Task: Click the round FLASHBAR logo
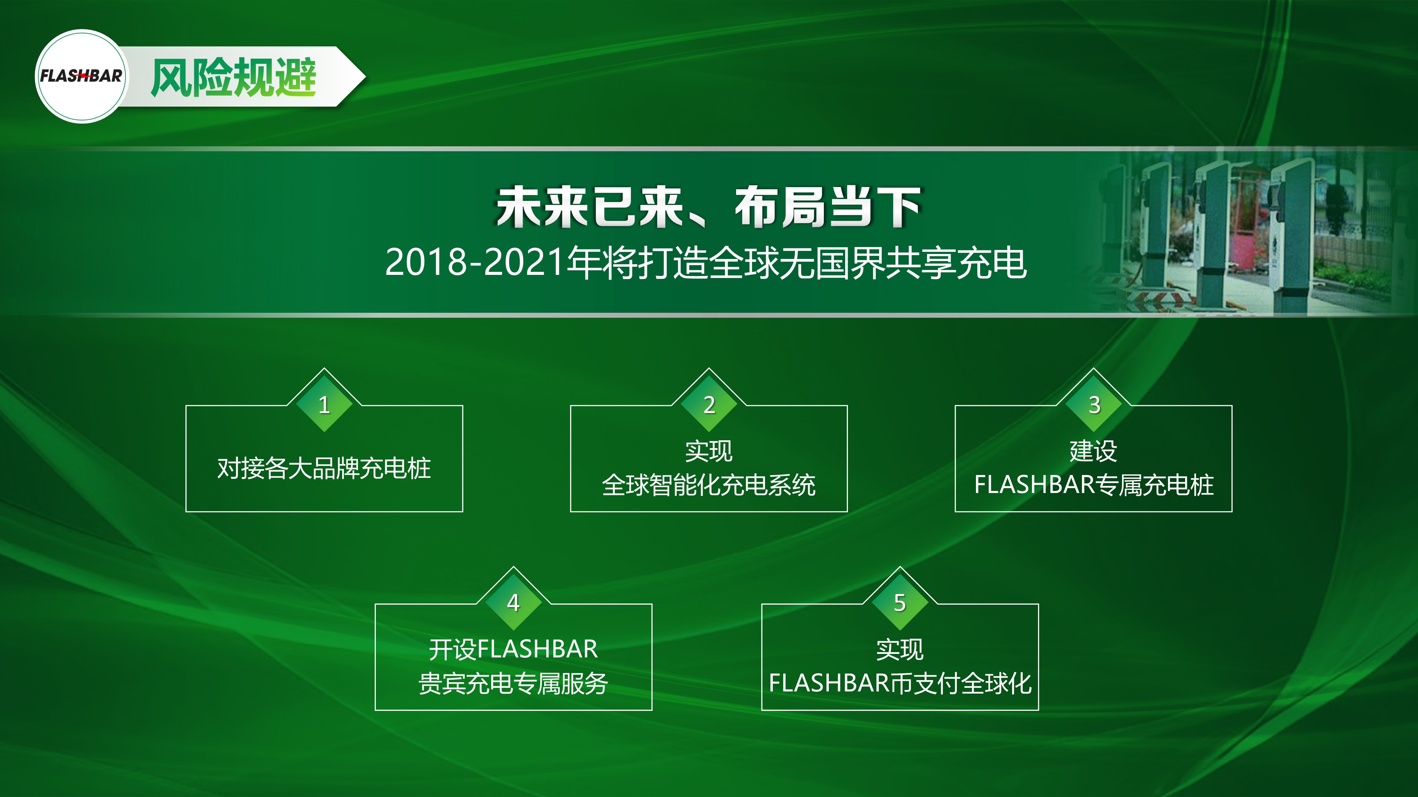pyautogui.click(x=82, y=76)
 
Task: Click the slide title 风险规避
pyautogui.click(x=233, y=78)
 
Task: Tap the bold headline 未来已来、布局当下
pyautogui.click(x=708, y=207)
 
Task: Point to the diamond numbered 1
pyautogui.click(x=324, y=404)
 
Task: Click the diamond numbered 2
pyautogui.click(x=709, y=404)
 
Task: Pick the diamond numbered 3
pyautogui.click(x=1094, y=404)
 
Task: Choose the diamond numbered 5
pyautogui.click(x=900, y=602)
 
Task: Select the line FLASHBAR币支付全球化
pyautogui.click(x=900, y=684)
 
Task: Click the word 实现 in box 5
pyautogui.click(x=900, y=650)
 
